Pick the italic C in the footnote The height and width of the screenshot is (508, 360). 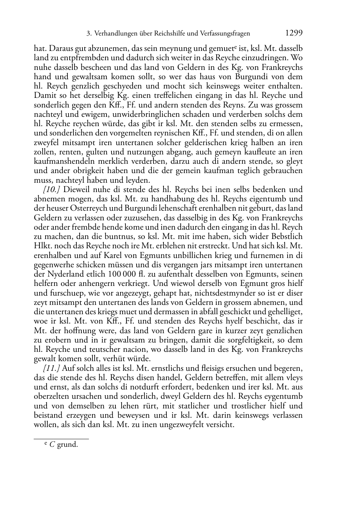pyautogui.click(x=52, y=445)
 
